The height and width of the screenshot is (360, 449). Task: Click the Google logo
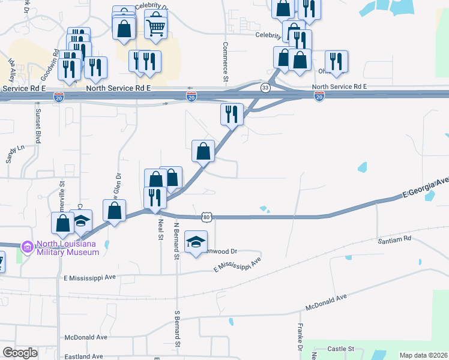20,353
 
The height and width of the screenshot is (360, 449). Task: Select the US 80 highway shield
207,216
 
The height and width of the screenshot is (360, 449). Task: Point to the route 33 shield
265,88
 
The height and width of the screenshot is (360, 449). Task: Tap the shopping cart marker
155,25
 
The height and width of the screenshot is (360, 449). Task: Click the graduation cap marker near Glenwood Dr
196,242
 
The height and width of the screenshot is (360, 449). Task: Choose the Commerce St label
226,62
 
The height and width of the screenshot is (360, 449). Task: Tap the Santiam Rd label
394,238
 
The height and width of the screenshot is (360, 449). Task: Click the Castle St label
342,348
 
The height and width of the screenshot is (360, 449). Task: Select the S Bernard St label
177,329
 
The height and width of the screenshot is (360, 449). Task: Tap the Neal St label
160,229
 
